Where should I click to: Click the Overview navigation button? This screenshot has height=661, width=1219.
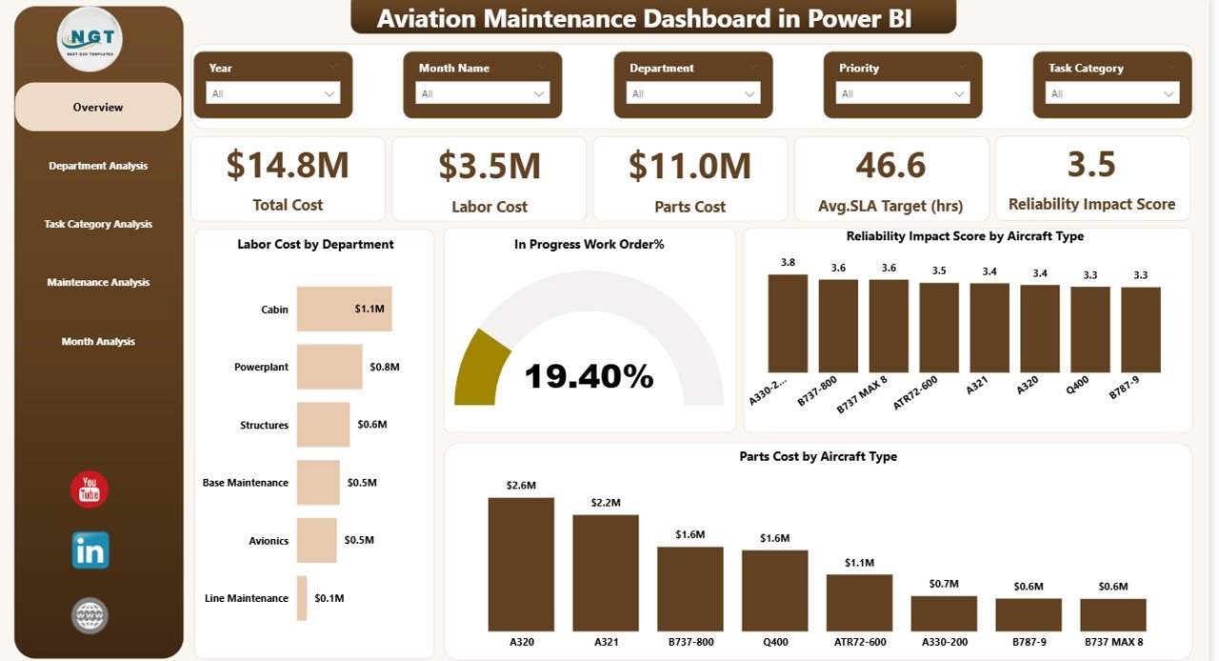[x=98, y=108]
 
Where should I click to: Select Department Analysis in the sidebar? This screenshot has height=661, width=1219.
[x=98, y=166]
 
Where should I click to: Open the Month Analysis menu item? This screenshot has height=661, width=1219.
[x=98, y=341]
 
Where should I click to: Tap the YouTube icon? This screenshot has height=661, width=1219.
[x=90, y=490]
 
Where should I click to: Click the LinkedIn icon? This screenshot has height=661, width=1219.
[x=90, y=551]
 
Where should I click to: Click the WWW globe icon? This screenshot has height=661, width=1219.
[x=90, y=615]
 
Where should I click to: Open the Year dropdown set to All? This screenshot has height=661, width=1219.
[x=273, y=93]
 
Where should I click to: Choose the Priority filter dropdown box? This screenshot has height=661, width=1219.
[x=902, y=93]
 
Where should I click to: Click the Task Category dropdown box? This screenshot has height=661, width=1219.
[x=1111, y=93]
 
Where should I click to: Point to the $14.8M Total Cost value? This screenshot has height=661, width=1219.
[x=288, y=165]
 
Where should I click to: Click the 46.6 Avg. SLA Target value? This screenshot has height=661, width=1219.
[x=890, y=165]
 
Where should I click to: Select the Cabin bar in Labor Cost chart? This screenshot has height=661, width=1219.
[x=344, y=309]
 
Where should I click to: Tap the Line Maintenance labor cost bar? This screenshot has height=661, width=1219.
[x=302, y=598]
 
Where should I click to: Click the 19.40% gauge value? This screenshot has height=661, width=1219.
[x=589, y=376]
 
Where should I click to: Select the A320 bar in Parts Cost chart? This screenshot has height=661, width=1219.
[x=521, y=564]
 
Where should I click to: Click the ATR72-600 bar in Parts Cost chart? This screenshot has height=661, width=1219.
[x=859, y=602]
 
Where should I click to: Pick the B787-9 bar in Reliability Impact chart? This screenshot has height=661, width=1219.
[x=1140, y=330]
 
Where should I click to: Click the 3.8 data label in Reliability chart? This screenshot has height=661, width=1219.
[x=788, y=262]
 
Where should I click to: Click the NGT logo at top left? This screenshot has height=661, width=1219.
[x=90, y=39]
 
